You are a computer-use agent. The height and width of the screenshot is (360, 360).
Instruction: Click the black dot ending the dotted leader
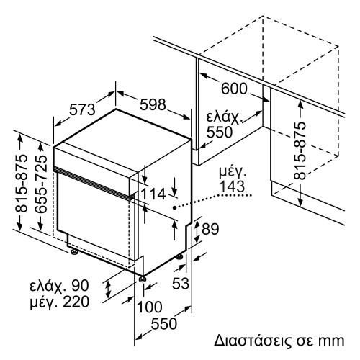[175, 207]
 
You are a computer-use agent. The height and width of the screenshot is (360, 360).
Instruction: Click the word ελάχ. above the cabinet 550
[223, 116]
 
